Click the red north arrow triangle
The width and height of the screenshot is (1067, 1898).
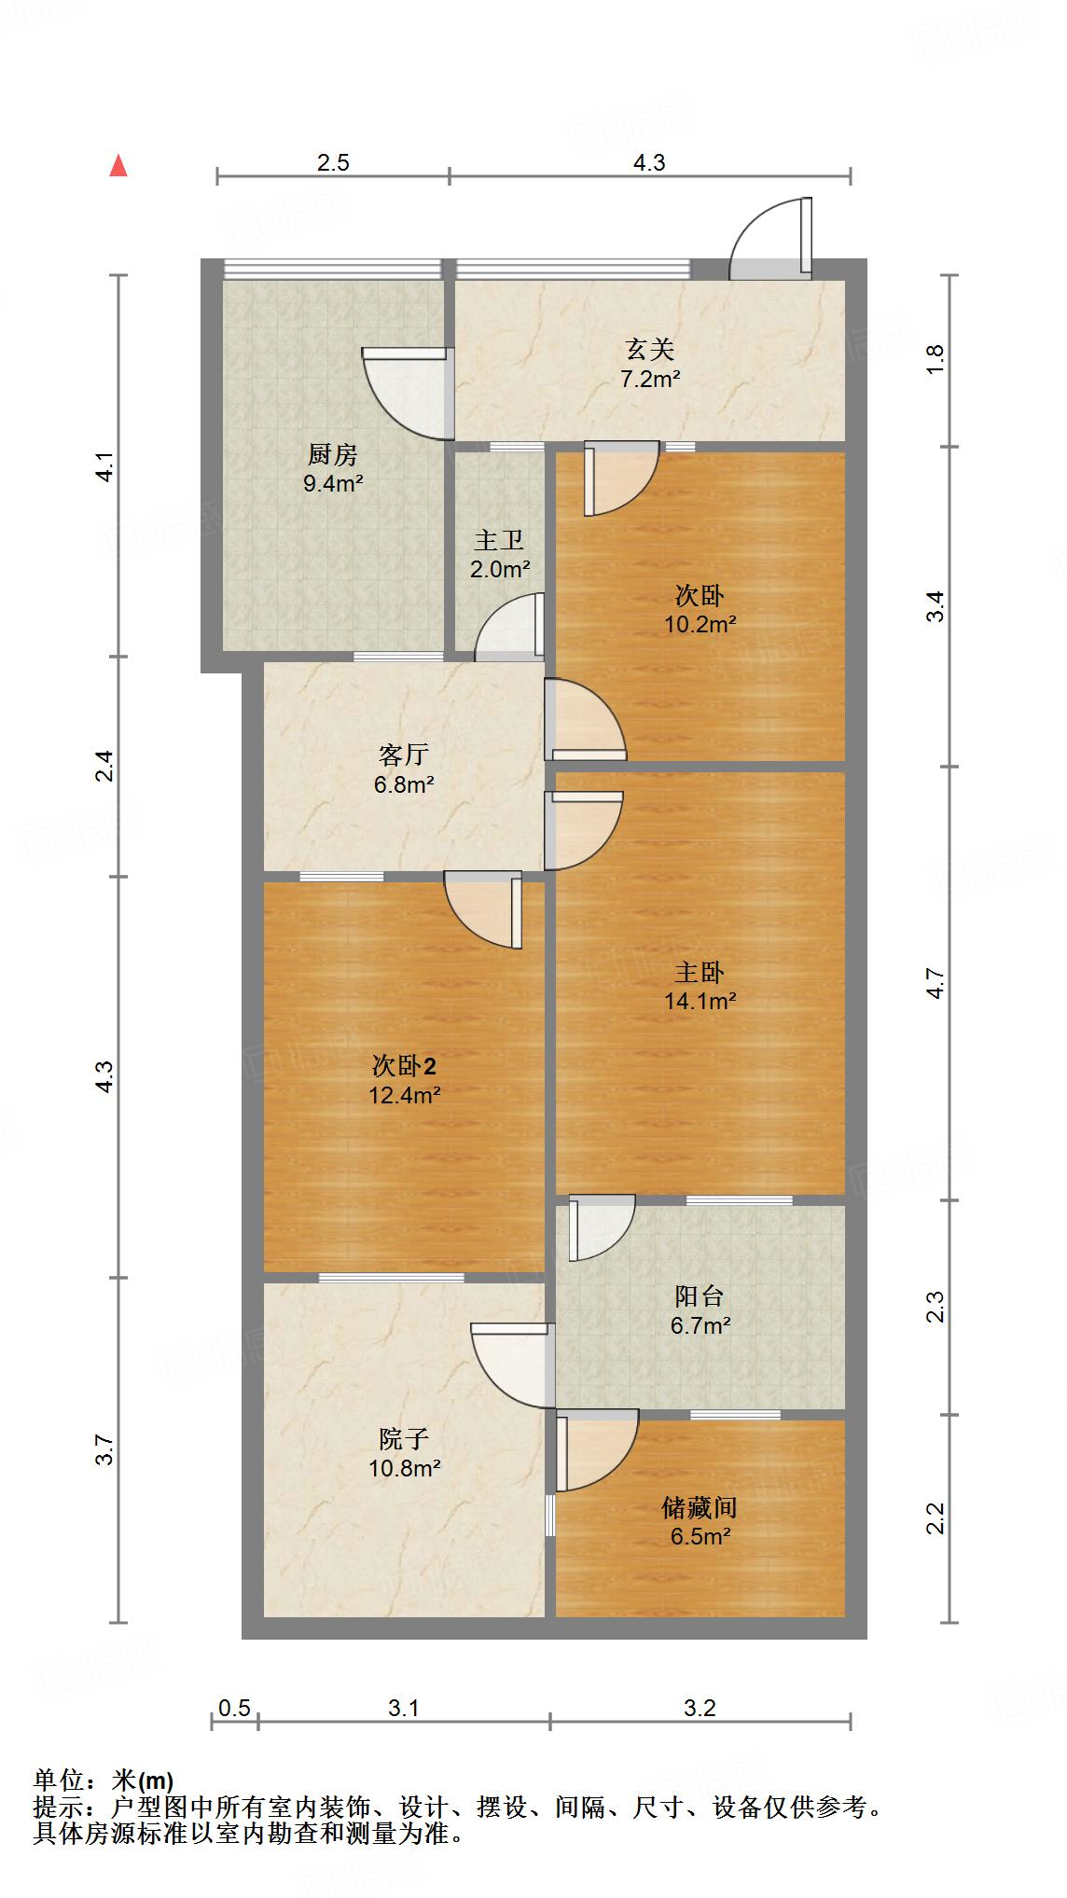118,165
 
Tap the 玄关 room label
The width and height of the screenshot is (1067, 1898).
649,350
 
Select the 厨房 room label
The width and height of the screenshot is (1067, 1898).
333,455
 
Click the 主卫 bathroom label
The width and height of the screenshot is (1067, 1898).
499,540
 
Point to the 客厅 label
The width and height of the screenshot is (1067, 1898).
404,755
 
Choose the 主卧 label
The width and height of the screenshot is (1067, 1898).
700,973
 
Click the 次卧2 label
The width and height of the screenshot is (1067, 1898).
404,1065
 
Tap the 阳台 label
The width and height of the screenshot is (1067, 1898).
700,1295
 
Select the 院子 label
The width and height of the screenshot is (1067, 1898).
404,1438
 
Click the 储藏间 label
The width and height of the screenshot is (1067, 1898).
700,1507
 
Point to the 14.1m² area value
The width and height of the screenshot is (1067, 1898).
700,1002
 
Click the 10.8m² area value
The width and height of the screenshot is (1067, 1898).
404,1468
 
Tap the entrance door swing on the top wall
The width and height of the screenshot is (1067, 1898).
770,239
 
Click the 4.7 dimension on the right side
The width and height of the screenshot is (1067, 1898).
936,985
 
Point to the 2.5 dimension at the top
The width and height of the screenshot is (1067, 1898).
333,162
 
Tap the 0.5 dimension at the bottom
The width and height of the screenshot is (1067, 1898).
234,1708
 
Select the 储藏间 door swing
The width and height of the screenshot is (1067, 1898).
598,1450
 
